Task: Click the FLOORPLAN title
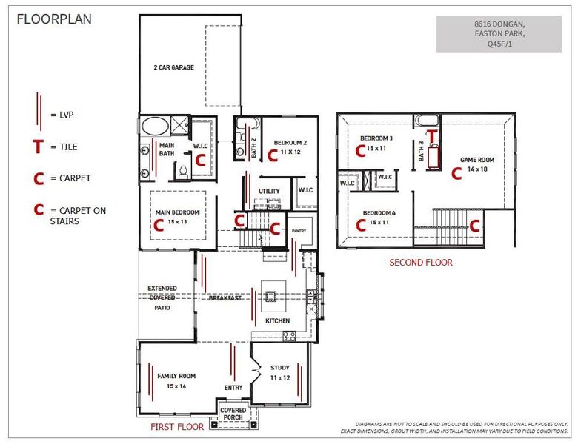(x=54, y=19)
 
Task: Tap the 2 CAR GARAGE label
(x=173, y=67)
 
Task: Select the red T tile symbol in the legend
(x=38, y=147)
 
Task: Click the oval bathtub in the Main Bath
(x=155, y=127)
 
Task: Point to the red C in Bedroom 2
(x=273, y=155)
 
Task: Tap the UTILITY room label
(x=269, y=191)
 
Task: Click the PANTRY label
(x=299, y=231)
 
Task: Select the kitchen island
(x=273, y=296)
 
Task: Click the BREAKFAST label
(x=225, y=297)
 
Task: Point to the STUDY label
(x=280, y=368)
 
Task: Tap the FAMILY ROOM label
(x=176, y=376)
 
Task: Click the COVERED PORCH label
(x=233, y=414)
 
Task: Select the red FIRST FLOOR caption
(x=177, y=427)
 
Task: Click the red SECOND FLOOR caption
(x=421, y=263)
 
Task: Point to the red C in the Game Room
(x=456, y=173)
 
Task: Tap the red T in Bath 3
(x=432, y=135)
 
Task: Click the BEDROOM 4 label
(x=379, y=213)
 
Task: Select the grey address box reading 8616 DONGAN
(x=499, y=34)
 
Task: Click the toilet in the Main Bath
(x=182, y=172)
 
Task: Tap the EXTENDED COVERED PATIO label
(x=162, y=297)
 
